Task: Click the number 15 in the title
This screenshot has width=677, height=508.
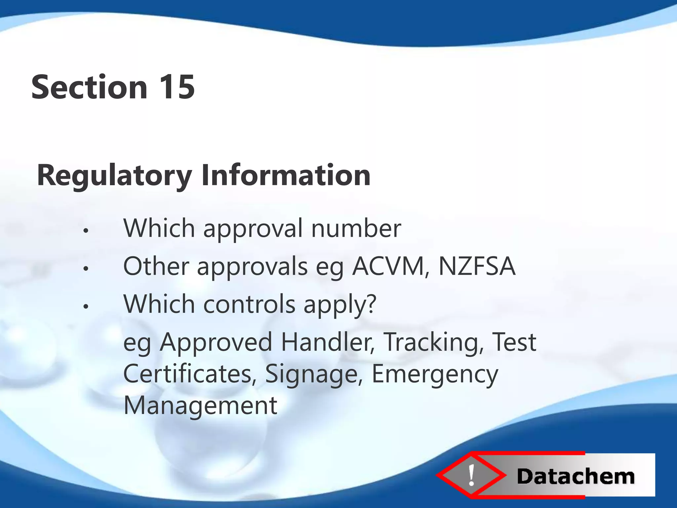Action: point(177,87)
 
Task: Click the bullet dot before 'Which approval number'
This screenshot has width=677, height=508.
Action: point(86,231)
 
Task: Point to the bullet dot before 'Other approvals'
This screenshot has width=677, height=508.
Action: point(86,269)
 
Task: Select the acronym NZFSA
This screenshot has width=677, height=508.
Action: point(477,266)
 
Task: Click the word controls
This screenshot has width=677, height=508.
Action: point(249,304)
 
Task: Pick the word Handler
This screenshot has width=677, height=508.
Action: point(328,342)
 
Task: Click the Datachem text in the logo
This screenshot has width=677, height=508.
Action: point(575,477)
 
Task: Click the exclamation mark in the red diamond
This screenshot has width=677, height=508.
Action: point(471,475)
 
